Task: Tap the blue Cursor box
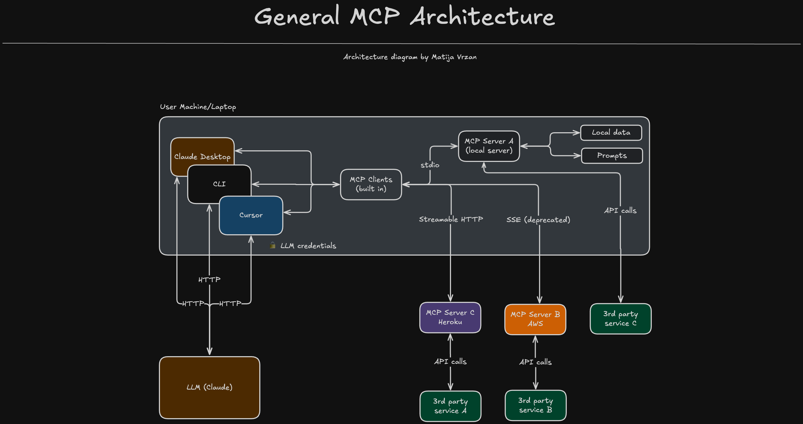tap(251, 215)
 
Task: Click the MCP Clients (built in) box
tap(371, 184)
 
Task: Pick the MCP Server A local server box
tap(489, 146)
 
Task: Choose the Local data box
tap(611, 132)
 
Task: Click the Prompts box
tap(612, 156)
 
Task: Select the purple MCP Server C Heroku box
tap(450, 317)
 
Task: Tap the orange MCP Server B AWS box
tap(535, 319)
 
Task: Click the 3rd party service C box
tap(621, 319)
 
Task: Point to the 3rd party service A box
tap(450, 406)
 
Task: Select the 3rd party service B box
tap(536, 405)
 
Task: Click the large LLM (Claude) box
tap(209, 387)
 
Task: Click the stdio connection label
tap(430, 165)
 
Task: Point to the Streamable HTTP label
tap(451, 219)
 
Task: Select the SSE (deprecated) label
tap(538, 220)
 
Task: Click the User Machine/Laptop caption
tap(198, 107)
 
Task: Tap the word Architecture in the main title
tap(482, 16)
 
